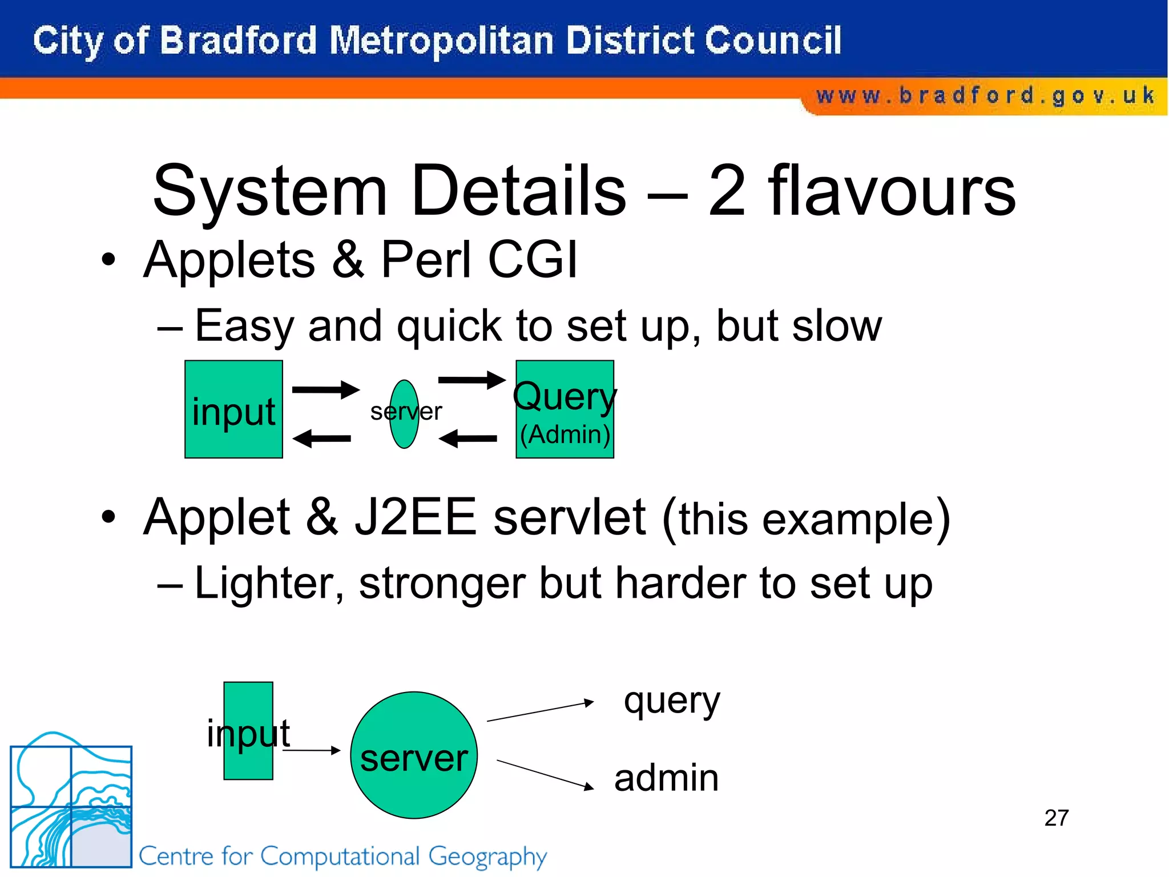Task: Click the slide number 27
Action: tap(1056, 818)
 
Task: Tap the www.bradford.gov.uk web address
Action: tap(985, 96)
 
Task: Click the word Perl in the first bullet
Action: tap(425, 260)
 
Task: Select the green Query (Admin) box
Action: tap(565, 409)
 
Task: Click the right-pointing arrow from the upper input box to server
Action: tap(325, 390)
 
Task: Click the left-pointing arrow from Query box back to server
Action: tap(468, 438)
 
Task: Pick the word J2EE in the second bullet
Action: tap(415, 517)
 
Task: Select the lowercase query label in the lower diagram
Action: tap(672, 702)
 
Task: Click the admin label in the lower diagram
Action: tap(666, 778)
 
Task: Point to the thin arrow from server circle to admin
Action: tap(545, 775)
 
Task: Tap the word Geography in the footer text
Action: tap(487, 857)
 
